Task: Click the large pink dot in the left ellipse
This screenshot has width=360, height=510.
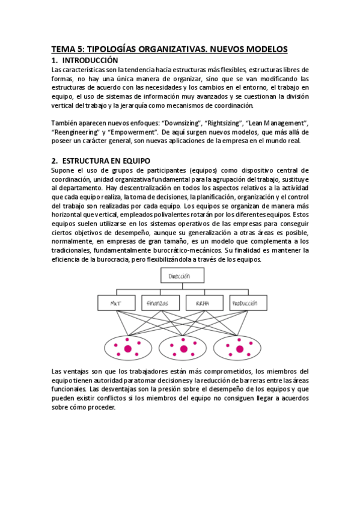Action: coord(127,348)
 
